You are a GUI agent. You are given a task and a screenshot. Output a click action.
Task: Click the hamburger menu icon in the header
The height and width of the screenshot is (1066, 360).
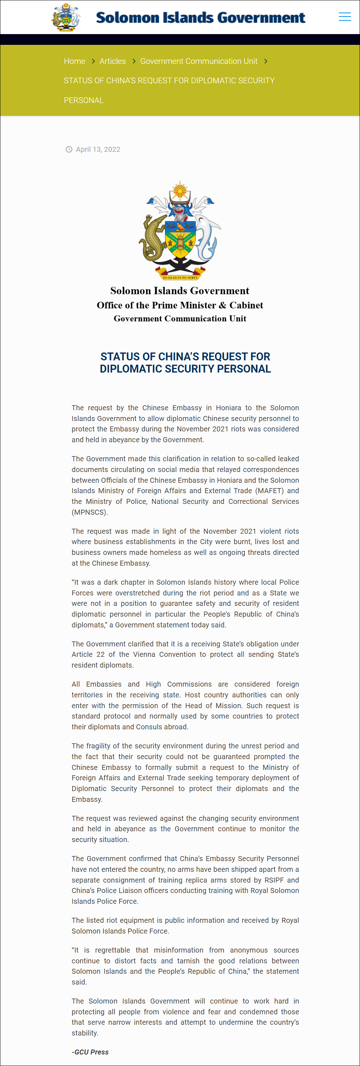coord(344,17)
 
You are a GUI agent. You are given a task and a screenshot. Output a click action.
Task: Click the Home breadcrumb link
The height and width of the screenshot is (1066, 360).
coord(75,61)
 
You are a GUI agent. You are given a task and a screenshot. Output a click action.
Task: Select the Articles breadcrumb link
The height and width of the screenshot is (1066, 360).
coord(113,61)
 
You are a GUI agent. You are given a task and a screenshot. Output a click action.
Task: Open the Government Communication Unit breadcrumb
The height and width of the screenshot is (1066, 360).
coord(198,61)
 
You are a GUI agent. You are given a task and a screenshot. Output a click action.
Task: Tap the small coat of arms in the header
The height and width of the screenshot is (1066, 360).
coord(66,17)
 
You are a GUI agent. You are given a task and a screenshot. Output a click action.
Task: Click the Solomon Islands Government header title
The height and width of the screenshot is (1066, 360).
coord(200,17)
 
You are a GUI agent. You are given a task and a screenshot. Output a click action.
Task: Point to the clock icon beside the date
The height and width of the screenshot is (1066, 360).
coord(69,149)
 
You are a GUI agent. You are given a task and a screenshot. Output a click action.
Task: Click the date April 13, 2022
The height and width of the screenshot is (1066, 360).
coord(98,149)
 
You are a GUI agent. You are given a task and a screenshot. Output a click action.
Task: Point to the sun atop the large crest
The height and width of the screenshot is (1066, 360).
coord(180,191)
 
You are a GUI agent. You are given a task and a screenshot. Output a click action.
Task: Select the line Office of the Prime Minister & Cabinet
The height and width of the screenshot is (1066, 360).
coord(180,305)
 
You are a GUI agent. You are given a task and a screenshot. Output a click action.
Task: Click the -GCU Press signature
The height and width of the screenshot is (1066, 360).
coord(90,1052)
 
